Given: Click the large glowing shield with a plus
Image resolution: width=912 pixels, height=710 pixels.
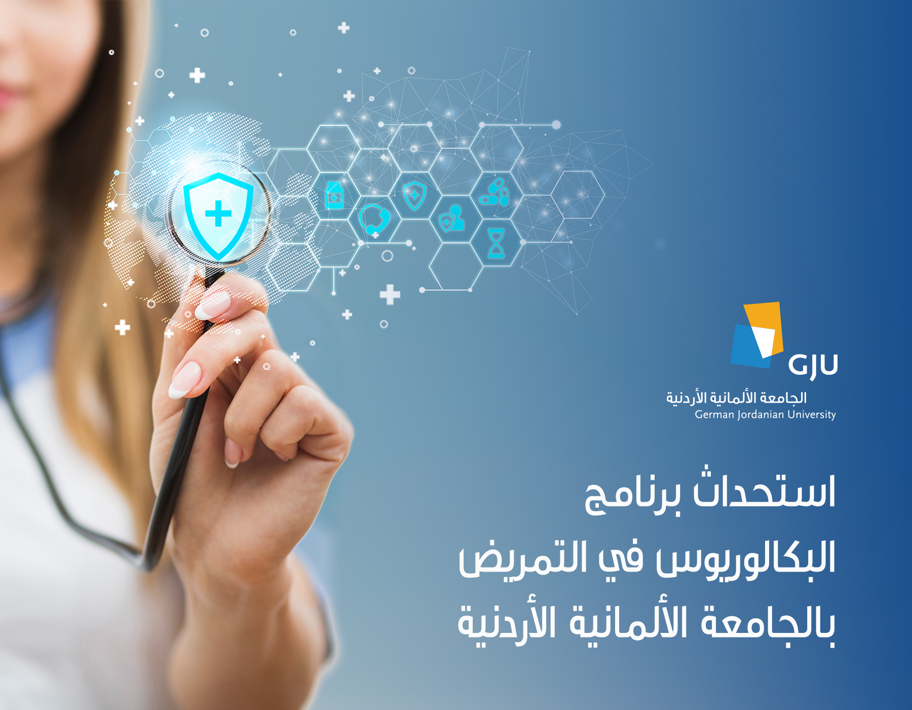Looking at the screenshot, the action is pos(218,215).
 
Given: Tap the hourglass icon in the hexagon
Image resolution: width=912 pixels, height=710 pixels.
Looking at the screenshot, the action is pos(496,243).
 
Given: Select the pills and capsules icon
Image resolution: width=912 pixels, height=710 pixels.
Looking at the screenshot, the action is pos(493,192).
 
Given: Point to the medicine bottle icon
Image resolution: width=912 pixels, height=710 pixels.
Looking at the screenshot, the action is pos(334,195).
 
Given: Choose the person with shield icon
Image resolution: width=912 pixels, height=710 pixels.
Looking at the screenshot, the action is pos(451,219).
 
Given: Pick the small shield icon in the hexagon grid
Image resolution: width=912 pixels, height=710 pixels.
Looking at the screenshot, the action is pos(414,195).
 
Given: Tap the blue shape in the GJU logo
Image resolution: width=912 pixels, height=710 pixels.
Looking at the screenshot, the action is pos(749,346).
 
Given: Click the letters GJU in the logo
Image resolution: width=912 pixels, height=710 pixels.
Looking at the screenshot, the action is pos(813,366).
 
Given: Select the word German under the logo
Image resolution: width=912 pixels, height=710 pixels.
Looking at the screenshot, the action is pos(714,415).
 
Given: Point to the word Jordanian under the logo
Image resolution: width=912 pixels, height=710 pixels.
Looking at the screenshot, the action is pos(761,415).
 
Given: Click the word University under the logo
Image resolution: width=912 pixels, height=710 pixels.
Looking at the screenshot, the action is pos(812,415).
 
